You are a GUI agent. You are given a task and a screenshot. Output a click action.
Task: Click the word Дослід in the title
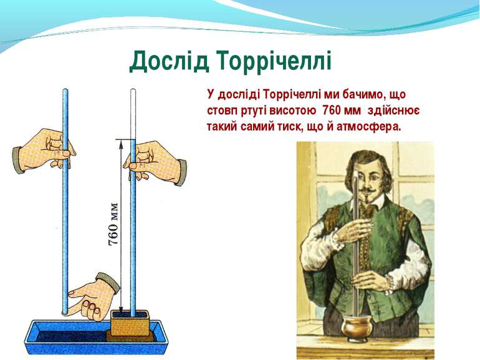(170, 61)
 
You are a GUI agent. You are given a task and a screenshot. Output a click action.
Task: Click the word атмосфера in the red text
(368, 126)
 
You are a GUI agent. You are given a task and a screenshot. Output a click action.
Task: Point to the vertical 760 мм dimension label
(113, 223)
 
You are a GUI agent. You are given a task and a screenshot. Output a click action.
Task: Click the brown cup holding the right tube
(130, 324)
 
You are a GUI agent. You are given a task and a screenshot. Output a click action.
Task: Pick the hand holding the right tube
(155, 162)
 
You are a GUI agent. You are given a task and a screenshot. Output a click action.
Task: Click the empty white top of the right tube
(133, 114)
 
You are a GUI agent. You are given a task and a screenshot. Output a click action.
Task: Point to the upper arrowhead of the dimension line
(121, 143)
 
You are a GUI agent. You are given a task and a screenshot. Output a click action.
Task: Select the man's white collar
(369, 205)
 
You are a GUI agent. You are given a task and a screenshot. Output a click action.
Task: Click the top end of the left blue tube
(65, 90)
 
